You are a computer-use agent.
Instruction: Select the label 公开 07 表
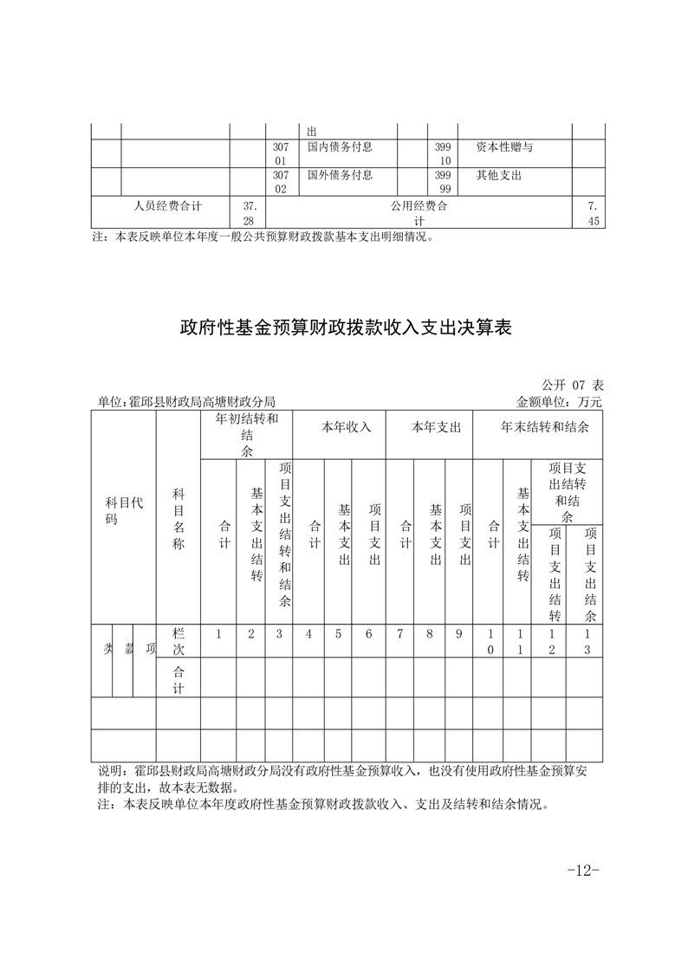(x=572, y=384)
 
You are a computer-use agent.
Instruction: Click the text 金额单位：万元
(x=559, y=402)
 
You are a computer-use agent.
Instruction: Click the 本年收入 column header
(x=338, y=427)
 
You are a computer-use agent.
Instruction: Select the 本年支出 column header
(x=429, y=427)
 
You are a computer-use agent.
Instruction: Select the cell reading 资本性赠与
(x=504, y=148)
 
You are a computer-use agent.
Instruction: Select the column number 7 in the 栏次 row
(x=400, y=634)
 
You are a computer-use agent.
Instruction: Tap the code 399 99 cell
(x=444, y=181)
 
